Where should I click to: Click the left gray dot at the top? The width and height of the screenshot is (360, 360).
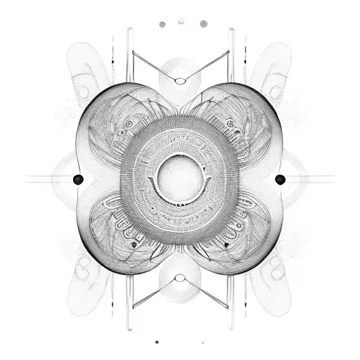point(162,25)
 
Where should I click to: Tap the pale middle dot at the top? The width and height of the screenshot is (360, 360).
point(181,21)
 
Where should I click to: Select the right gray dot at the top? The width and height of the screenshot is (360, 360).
point(203,24)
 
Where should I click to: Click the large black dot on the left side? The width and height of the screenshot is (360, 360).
point(78,179)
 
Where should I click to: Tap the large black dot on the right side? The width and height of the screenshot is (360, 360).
point(280,179)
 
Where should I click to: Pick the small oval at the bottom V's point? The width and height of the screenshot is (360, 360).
point(181,278)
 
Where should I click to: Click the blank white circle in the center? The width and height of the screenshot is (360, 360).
point(180,178)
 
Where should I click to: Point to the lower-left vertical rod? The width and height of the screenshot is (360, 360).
point(129,295)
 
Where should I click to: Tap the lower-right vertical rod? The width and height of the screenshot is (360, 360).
point(231,295)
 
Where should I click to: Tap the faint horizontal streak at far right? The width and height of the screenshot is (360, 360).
point(316,179)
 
